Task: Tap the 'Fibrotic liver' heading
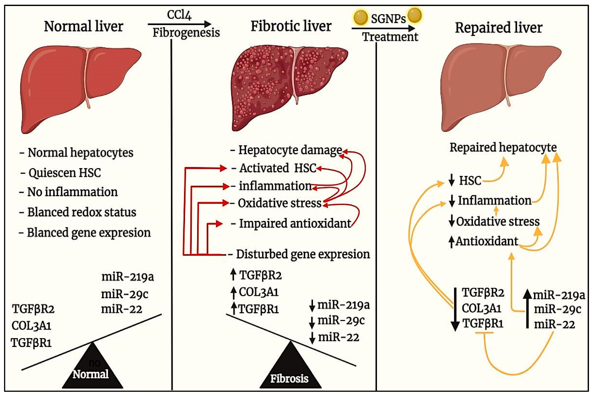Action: [291, 26]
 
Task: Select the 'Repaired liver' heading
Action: [498, 28]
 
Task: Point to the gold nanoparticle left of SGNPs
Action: [360, 17]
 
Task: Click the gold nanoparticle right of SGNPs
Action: [415, 15]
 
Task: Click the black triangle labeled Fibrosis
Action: [290, 371]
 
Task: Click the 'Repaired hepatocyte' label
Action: [503, 147]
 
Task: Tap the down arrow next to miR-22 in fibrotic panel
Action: [312, 338]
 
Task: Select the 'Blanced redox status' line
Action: [81, 212]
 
